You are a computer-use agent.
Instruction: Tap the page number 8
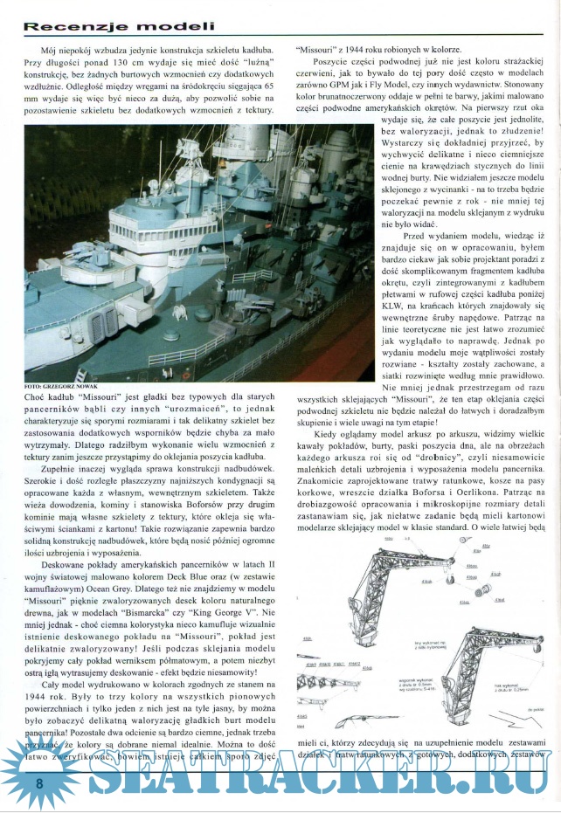point(39,783)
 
